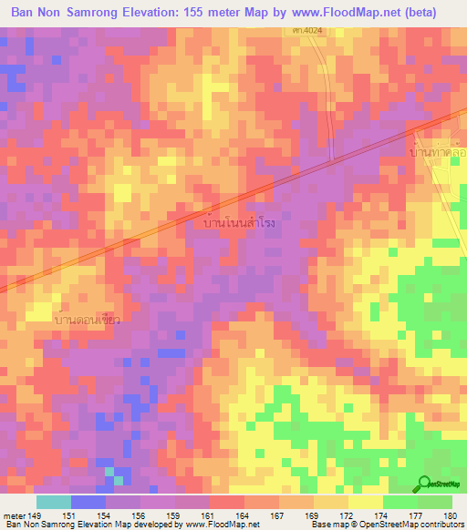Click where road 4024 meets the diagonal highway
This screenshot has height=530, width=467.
tap(332, 161)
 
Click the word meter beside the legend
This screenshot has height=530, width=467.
tap(13, 515)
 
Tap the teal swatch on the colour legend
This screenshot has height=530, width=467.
tap(53, 502)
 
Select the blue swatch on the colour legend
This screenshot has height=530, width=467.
tap(88, 502)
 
